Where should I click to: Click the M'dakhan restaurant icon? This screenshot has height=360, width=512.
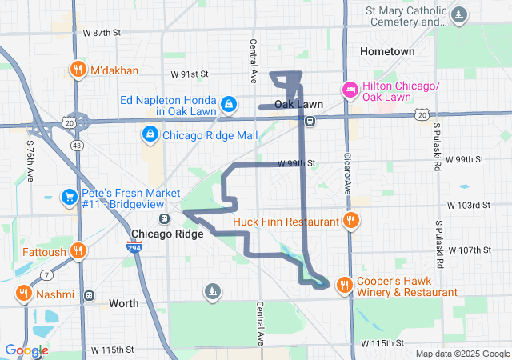click(x=78, y=69)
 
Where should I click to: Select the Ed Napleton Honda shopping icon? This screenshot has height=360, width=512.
click(x=229, y=103)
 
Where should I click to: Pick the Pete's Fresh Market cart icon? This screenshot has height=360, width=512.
click(x=70, y=196)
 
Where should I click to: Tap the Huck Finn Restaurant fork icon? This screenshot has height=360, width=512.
click(x=349, y=220)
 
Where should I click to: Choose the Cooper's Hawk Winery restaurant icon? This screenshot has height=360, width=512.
click(x=344, y=284)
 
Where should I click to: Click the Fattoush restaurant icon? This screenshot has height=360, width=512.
click(x=78, y=250)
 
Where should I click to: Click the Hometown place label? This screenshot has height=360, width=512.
click(x=387, y=51)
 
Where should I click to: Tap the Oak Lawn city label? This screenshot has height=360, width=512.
click(x=298, y=105)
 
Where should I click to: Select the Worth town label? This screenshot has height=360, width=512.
click(x=123, y=303)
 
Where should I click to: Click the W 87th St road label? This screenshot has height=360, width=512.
click(x=101, y=33)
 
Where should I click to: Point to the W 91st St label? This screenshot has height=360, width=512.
click(x=189, y=74)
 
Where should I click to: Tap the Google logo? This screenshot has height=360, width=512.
click(x=26, y=350)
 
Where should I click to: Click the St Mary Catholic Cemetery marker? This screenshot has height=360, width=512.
click(x=459, y=14)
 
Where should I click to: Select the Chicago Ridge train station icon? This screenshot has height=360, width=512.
click(x=163, y=218)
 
